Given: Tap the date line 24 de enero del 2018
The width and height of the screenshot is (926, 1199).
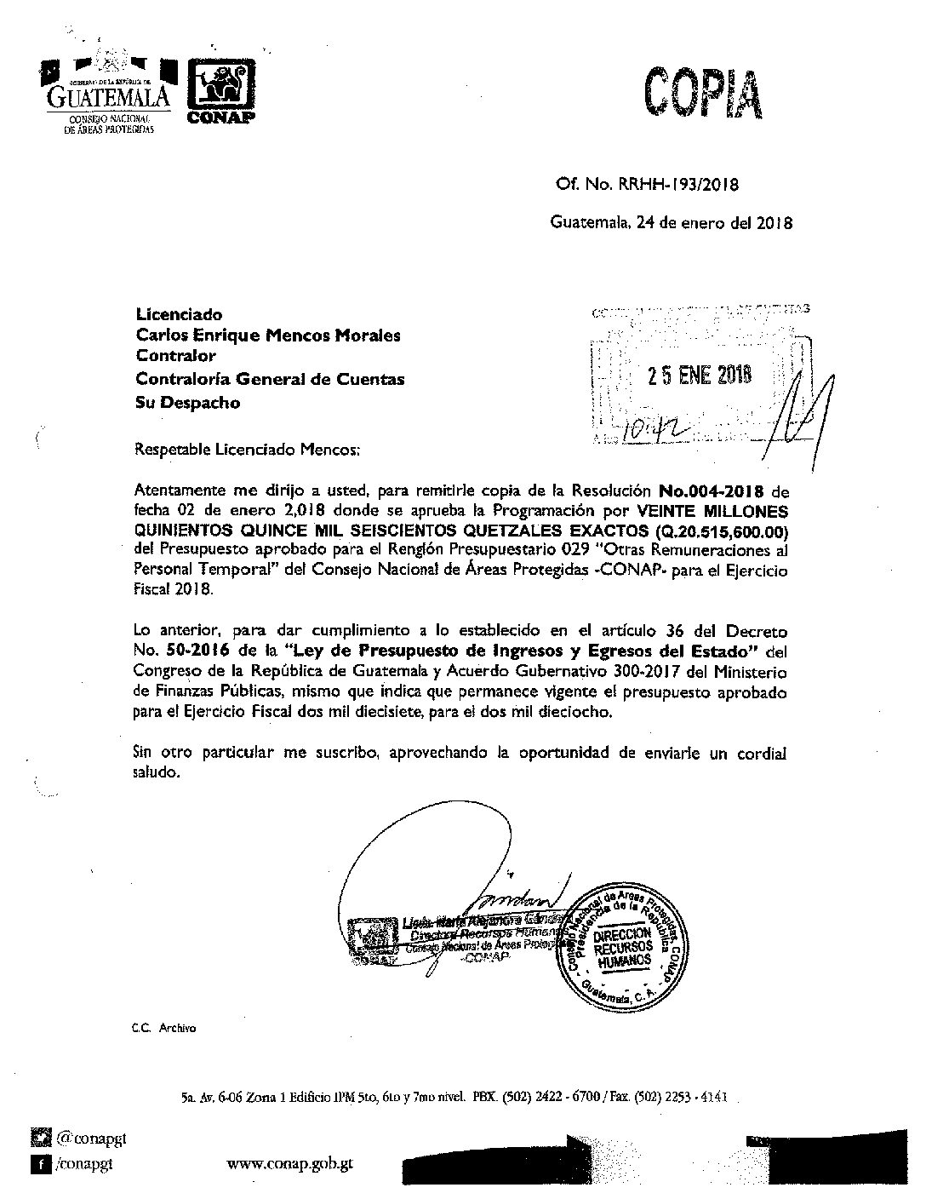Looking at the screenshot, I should (672, 224).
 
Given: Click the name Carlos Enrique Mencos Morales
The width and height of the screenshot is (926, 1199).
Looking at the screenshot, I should (268, 336).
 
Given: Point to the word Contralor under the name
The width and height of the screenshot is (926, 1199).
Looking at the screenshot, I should (175, 357).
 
